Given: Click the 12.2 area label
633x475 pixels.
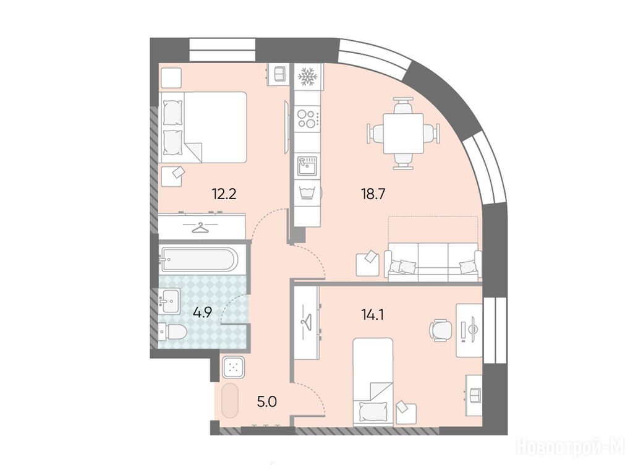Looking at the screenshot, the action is [x=224, y=194].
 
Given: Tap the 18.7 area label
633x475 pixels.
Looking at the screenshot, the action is [x=373, y=194].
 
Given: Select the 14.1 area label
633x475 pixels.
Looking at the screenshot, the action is [x=372, y=314].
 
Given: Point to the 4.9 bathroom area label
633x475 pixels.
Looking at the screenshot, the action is [x=202, y=312].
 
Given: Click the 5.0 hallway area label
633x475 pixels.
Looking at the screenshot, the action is [x=267, y=401].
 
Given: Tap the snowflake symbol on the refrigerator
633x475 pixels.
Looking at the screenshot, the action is [x=308, y=77].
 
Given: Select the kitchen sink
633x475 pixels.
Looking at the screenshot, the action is [x=308, y=166].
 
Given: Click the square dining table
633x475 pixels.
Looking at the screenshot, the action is [x=403, y=134].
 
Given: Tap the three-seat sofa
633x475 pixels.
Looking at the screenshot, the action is [x=433, y=262].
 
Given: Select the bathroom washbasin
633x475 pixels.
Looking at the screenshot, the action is [x=169, y=301].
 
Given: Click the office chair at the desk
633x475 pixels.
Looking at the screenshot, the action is [x=440, y=330].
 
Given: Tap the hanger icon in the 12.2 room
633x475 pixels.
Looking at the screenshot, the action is [x=201, y=228].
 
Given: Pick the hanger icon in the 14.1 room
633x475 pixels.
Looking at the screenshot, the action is [x=307, y=322].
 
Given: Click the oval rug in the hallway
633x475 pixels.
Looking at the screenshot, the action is [x=231, y=400].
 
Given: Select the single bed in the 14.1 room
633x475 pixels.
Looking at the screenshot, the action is [x=373, y=382].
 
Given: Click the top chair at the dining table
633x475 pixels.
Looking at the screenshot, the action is [x=403, y=106].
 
